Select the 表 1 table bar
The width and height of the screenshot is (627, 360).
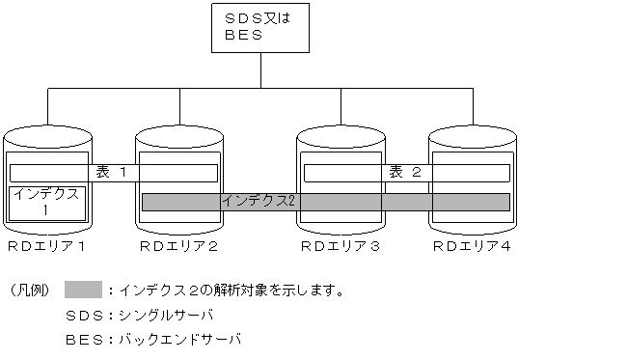click(113, 172)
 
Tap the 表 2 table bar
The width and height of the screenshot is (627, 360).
click(406, 172)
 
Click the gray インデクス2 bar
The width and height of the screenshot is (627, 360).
click(325, 201)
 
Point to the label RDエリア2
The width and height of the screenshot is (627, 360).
click(179, 247)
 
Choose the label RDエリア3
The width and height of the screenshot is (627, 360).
click(340, 247)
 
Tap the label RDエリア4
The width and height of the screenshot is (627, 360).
click(472, 247)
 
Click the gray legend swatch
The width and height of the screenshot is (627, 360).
click(84, 289)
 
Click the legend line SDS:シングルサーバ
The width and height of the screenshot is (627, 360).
click(139, 315)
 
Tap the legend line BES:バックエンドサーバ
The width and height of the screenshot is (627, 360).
click(152, 340)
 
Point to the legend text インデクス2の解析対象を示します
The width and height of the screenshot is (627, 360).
click(232, 290)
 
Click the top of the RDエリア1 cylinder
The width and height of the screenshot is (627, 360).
click(47, 135)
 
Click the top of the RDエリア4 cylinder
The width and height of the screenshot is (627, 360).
click(472, 135)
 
